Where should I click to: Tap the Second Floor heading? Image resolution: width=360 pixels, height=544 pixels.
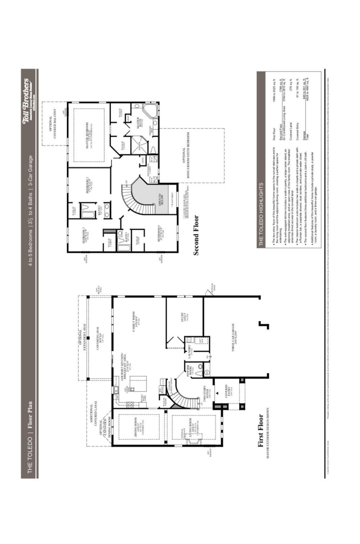196,235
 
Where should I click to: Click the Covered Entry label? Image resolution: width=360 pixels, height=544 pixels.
228,391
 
